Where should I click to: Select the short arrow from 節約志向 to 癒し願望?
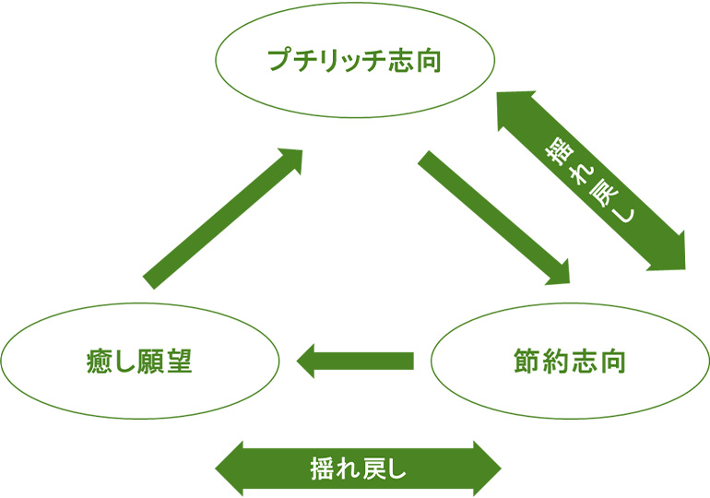[x=355, y=360]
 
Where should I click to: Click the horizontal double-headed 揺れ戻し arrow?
[x=359, y=468]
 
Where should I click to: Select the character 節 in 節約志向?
[x=523, y=361]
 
